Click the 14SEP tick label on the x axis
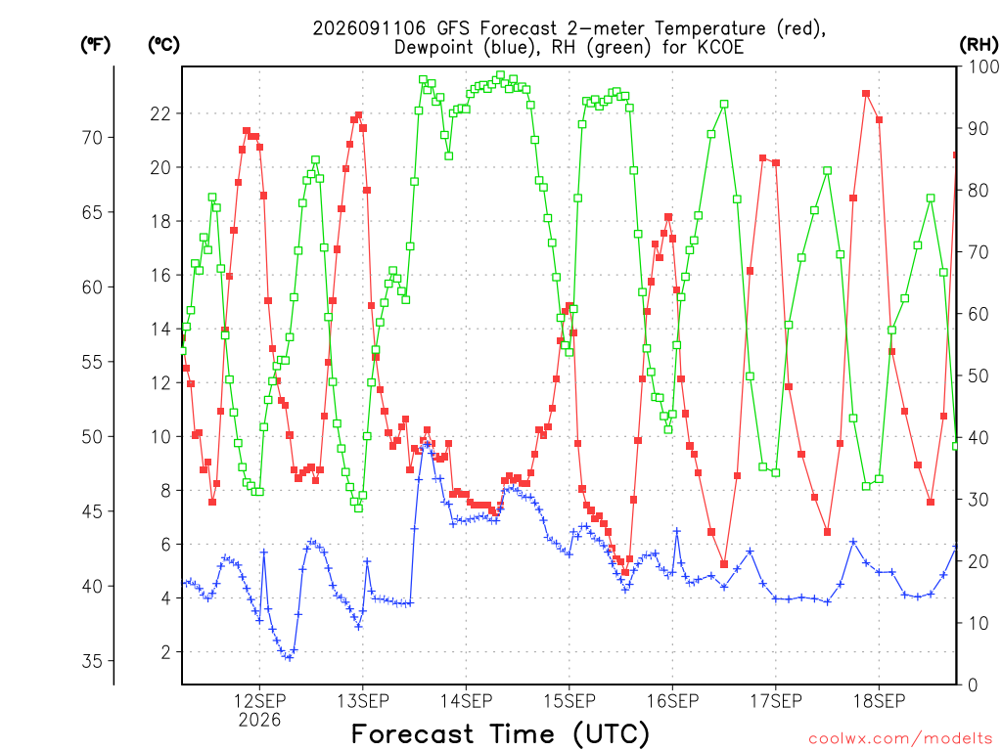[x=466, y=700]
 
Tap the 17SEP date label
[x=776, y=700]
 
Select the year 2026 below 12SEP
[x=259, y=721]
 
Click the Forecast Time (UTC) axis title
[x=500, y=733]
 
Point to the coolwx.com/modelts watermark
[x=900, y=739]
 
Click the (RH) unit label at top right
[x=979, y=44]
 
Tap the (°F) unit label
[x=95, y=45]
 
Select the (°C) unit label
[x=163, y=45]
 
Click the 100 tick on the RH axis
[x=983, y=66]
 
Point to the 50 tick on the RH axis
[x=979, y=375]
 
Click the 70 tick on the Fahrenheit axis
[x=92, y=137]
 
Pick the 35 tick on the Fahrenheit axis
[x=92, y=661]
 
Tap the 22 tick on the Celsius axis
[x=160, y=113]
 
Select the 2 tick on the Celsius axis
[x=165, y=652]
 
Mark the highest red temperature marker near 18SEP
[x=866, y=94]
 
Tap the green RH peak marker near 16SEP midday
[x=724, y=104]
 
